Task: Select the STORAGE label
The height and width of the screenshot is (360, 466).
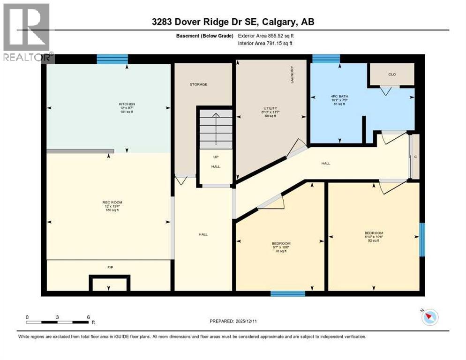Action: (198, 84)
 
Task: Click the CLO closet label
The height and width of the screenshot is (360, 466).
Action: (392, 74)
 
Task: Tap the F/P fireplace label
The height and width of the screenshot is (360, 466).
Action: (110, 267)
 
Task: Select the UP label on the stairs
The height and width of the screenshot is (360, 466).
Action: (216, 157)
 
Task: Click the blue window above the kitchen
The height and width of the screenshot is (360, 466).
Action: (112, 59)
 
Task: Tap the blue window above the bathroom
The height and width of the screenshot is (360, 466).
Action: (326, 59)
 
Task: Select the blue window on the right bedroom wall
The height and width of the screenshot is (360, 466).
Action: (422, 240)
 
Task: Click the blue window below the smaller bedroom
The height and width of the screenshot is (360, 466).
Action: (288, 294)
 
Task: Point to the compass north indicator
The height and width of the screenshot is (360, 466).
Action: (429, 317)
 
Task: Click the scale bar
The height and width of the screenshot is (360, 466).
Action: (58, 322)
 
